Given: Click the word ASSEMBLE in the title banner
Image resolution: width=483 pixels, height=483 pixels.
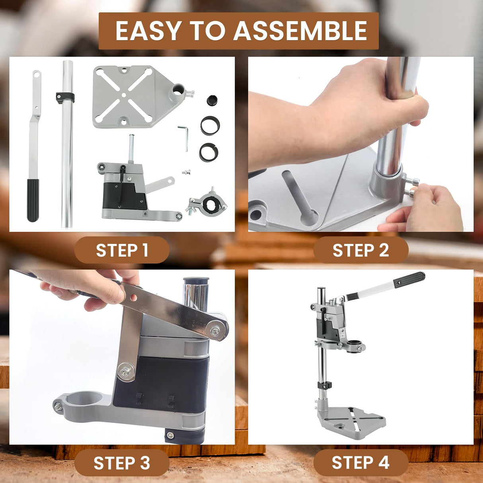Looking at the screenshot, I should [300, 31].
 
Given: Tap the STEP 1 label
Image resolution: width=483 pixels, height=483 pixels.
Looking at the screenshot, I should [122, 250].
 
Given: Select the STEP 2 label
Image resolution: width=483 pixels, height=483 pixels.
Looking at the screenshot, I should [360, 250].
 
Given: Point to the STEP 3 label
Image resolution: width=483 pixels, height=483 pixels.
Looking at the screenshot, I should [122, 463].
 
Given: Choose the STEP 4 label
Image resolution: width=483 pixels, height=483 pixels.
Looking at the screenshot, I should [360, 463].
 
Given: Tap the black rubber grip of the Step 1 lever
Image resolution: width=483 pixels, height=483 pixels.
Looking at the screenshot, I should [33, 200].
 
